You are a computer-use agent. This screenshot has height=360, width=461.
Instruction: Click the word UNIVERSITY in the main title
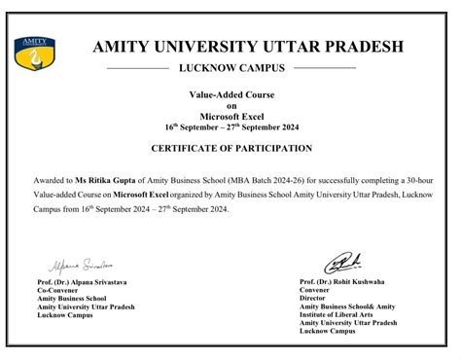(202, 47)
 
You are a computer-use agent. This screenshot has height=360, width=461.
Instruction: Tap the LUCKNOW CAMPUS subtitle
(232, 68)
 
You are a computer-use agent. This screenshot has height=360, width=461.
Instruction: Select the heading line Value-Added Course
(231, 95)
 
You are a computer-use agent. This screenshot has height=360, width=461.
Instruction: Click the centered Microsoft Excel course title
(231, 117)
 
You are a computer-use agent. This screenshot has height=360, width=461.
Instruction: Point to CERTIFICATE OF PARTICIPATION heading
(231, 148)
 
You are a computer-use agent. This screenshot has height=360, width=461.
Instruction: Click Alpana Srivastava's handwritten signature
(74, 265)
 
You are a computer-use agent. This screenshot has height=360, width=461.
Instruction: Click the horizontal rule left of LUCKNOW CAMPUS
(136, 69)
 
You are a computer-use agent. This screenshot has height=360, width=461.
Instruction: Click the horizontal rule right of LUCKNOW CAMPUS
(325, 69)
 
